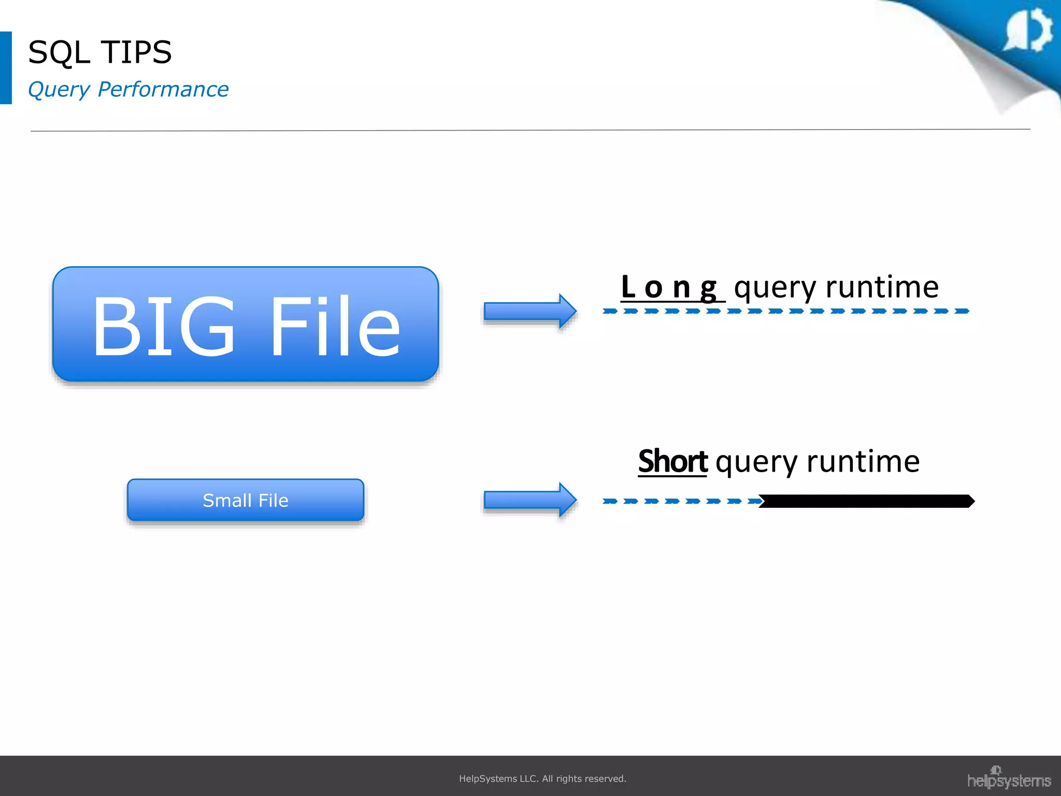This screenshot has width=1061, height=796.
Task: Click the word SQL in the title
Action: pos(58,53)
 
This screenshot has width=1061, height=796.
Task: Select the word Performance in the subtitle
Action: pos(163,89)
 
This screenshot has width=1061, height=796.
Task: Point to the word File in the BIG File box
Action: pos(335,326)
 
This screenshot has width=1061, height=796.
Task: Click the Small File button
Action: pos(246,500)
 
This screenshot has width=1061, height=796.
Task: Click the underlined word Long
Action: pos(669,288)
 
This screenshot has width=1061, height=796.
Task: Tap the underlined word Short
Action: pos(672,461)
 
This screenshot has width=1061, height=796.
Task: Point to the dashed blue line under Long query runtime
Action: pos(785,311)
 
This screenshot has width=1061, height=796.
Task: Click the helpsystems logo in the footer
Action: pos(1009,778)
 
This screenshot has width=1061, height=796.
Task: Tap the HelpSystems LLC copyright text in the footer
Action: pos(542,778)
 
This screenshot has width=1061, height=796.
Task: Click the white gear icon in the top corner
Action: pos(1029,31)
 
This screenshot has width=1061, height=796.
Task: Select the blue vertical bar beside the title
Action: pos(6,68)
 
